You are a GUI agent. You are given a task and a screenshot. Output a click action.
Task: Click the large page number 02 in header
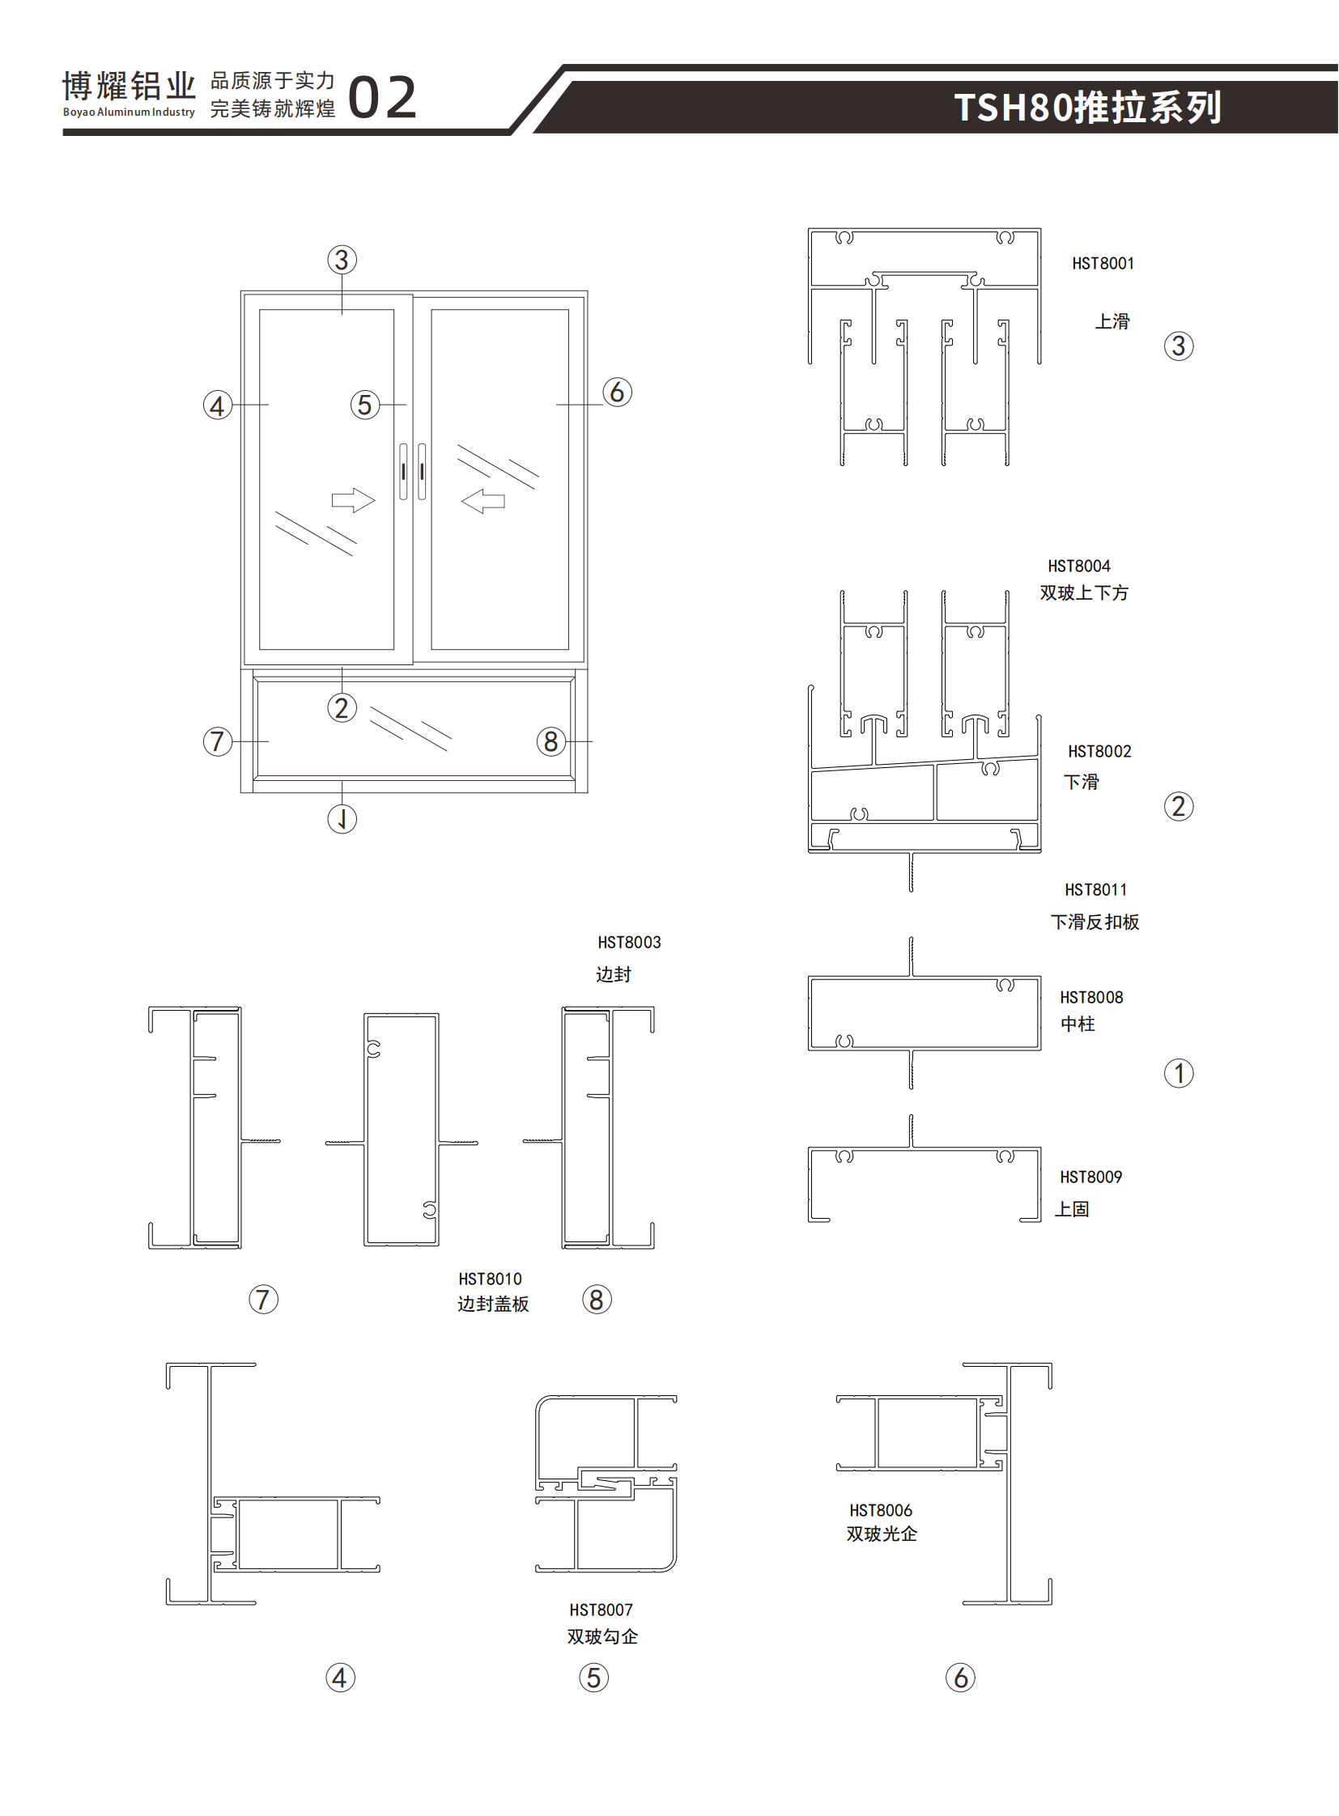click(x=382, y=98)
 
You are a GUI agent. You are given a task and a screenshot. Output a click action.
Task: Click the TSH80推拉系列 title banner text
click(x=1087, y=108)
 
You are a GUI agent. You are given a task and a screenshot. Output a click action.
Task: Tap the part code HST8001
click(x=1103, y=263)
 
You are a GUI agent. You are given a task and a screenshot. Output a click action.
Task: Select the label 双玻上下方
click(x=1084, y=593)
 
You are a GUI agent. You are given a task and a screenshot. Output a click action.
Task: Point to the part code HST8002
click(x=1099, y=751)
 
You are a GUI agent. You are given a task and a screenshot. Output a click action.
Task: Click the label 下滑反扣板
click(x=1095, y=923)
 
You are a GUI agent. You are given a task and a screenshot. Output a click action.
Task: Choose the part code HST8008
click(x=1091, y=998)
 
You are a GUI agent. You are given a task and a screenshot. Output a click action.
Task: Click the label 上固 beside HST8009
click(x=1072, y=1209)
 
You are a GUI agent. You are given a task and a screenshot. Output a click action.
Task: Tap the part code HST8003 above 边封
click(x=629, y=943)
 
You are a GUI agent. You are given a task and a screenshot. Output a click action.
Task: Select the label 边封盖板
click(x=493, y=1304)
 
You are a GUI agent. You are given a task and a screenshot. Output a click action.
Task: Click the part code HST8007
click(x=601, y=1610)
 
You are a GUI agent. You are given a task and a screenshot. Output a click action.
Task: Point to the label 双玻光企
click(x=881, y=1534)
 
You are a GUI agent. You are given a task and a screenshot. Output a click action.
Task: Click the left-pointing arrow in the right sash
click(x=483, y=501)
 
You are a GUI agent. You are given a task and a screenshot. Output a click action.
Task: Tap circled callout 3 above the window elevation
click(x=342, y=260)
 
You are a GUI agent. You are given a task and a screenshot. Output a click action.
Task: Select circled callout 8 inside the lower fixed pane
click(x=551, y=740)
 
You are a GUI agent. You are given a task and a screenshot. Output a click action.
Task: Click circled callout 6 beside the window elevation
click(x=617, y=392)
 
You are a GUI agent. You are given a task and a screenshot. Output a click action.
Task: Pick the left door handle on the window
click(x=404, y=472)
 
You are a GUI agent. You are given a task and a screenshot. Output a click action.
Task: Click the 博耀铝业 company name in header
click(x=129, y=86)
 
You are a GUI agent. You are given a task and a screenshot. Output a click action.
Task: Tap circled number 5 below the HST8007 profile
click(x=593, y=1678)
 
